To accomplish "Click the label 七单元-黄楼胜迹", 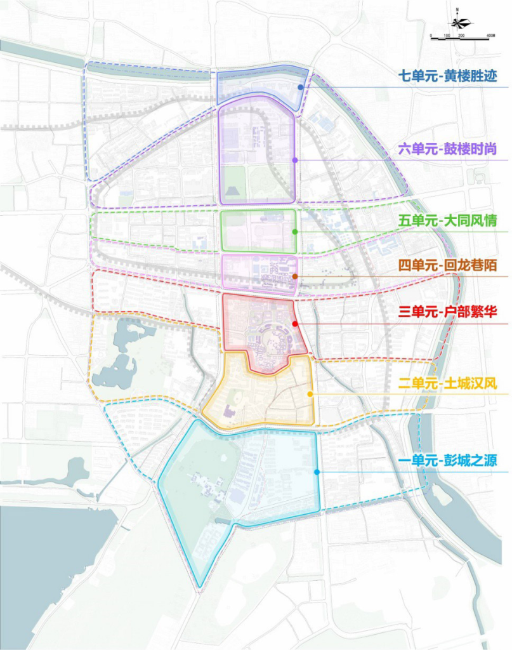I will click(447, 77).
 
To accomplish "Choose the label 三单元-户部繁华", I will click(447, 312).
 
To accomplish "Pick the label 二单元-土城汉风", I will click(447, 383).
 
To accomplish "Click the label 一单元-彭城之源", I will click(447, 461).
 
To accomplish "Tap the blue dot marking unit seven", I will click(300, 88).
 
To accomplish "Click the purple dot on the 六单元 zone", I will click(295, 160).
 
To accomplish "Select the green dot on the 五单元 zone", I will click(295, 232).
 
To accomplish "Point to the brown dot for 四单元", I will click(296, 276).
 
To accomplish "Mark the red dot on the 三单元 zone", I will click(296, 324).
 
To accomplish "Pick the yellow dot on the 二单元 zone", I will click(310, 394).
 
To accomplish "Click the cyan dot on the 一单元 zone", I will click(317, 472).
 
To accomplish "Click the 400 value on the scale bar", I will click(490, 34).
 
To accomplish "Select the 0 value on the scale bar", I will click(431, 34).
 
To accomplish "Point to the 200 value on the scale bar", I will click(461, 34).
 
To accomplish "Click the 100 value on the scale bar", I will click(447, 34).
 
